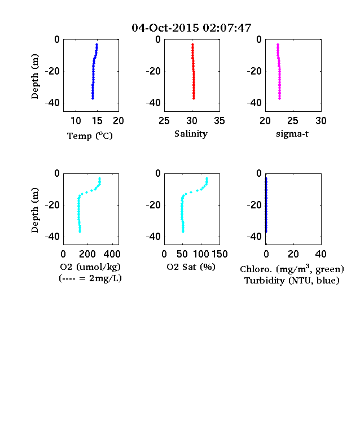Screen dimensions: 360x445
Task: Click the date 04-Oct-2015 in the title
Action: [165, 28]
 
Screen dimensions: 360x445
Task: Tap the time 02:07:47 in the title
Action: [227, 28]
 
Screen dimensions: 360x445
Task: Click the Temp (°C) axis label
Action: [90, 136]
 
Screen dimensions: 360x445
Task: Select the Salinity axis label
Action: [191, 134]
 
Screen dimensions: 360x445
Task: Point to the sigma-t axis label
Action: [292, 134]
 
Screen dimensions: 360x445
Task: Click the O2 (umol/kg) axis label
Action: [90, 267]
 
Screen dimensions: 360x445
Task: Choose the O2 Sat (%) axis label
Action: [191, 267]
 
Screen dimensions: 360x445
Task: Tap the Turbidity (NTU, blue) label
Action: [292, 281]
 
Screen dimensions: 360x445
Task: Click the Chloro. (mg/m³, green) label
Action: [292, 269]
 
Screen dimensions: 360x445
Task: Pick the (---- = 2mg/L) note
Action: [90, 278]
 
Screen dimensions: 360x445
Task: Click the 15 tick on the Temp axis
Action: [97, 121]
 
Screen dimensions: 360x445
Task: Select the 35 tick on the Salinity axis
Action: [219, 121]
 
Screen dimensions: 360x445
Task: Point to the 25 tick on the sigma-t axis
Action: [292, 121]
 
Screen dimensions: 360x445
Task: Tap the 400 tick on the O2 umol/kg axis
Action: [112, 254]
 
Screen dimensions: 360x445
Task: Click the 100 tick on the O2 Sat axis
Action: [201, 254]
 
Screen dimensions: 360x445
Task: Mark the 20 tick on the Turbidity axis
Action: [293, 254]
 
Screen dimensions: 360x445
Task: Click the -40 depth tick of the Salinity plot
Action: [153, 103]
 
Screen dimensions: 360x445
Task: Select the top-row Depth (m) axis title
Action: [34, 76]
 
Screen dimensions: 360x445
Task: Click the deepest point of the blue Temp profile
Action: [93, 98]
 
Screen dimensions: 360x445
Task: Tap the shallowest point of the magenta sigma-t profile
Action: [278, 44]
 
